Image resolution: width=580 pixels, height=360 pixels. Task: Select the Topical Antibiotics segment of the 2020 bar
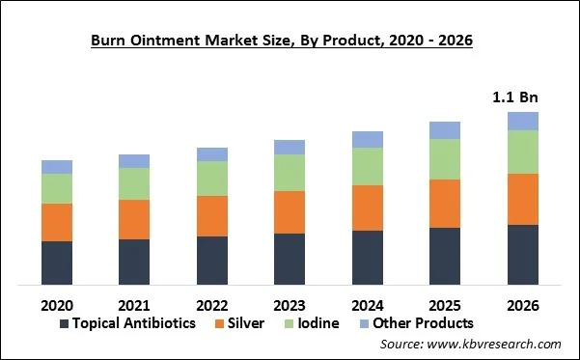[57, 263]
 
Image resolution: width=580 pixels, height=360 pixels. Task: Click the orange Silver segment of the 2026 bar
[523, 199]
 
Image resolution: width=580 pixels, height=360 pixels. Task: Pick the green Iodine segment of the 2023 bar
[290, 173]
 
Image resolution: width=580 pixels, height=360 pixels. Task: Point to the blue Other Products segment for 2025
[445, 130]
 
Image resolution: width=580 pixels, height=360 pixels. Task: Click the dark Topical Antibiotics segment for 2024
[368, 257]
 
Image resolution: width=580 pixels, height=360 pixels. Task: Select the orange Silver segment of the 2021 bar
[134, 219]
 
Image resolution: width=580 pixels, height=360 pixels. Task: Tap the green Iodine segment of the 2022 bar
[212, 179]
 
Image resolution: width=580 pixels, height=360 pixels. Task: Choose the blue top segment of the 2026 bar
[523, 121]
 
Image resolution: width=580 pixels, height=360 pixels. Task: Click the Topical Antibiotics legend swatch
[65, 323]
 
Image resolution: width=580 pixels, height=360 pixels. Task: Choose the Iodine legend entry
[318, 323]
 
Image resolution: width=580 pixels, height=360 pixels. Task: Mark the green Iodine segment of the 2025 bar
[445, 159]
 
